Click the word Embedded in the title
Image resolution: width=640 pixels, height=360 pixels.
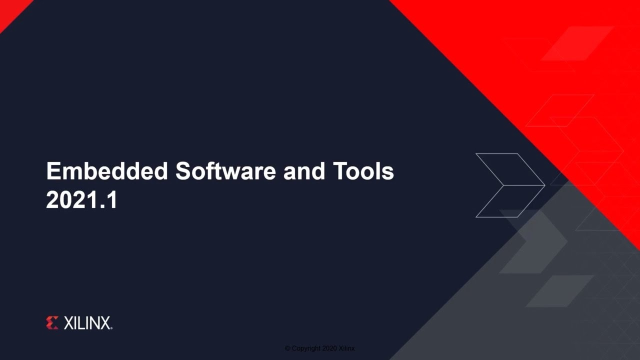107,171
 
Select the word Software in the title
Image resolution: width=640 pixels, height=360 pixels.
225,171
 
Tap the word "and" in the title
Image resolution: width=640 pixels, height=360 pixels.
304,171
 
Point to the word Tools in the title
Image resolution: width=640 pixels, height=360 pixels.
363,171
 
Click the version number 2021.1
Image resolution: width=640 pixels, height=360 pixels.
81,199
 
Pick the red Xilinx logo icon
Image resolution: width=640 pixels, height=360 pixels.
52,323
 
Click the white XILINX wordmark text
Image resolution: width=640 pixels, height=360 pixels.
88,323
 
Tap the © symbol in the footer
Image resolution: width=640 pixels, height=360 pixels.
287,348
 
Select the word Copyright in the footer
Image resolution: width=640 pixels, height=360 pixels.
306,348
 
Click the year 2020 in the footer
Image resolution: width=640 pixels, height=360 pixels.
329,348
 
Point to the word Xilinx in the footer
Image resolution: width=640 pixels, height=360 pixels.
346,348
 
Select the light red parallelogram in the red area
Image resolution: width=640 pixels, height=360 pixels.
577,43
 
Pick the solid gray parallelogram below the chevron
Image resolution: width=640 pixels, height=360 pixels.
559,291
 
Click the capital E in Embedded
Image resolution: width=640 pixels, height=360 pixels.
53,171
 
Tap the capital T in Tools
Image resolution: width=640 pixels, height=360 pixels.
340,171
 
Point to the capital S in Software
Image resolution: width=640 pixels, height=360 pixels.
183,171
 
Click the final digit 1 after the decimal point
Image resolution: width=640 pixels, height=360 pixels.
112,199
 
